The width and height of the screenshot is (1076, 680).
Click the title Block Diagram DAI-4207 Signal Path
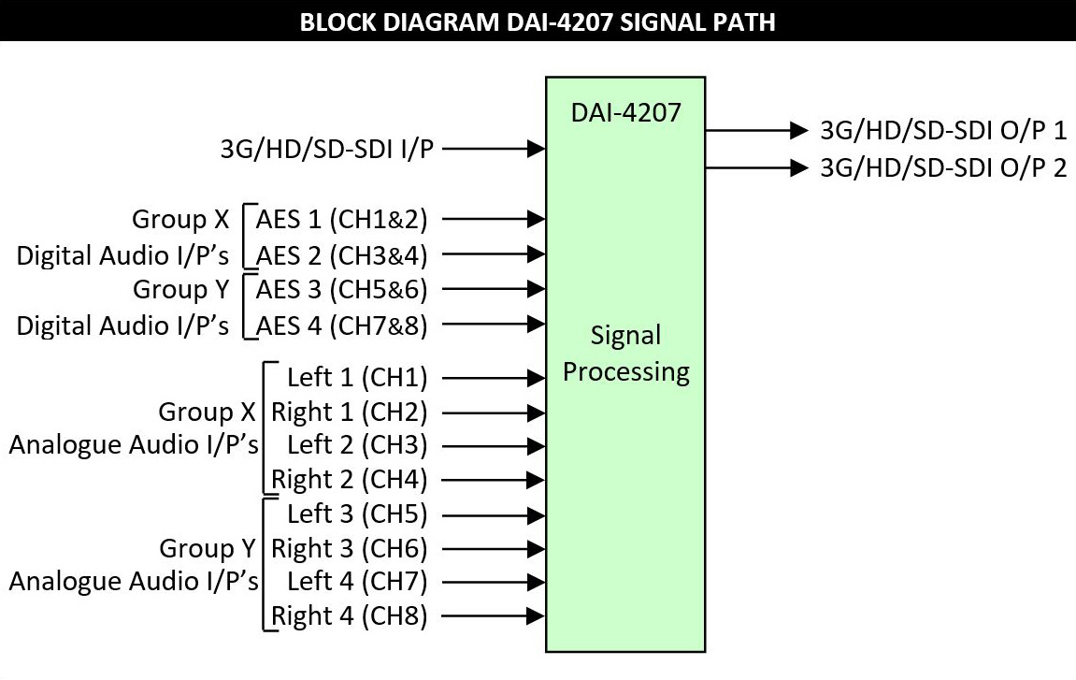[x=538, y=21]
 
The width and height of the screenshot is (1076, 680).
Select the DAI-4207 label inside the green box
[x=625, y=114]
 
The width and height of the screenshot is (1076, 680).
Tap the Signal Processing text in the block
[x=625, y=354]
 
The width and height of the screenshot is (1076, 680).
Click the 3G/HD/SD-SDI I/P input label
[x=326, y=148]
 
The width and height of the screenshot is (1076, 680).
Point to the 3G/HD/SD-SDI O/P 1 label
[x=942, y=130]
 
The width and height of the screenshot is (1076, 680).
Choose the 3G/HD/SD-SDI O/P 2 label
[x=942, y=167]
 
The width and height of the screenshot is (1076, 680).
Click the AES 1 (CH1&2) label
[x=341, y=220]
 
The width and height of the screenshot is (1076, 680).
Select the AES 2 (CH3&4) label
[x=341, y=254]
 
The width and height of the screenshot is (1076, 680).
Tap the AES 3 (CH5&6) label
[x=341, y=290]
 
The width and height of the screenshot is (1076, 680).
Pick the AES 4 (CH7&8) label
[x=341, y=326]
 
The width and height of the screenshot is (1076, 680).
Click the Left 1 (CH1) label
[x=356, y=378]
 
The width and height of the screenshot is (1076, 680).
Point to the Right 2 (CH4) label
[x=349, y=480]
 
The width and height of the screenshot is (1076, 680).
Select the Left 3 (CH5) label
[x=356, y=514]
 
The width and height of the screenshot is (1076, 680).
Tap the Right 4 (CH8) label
[x=349, y=616]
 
